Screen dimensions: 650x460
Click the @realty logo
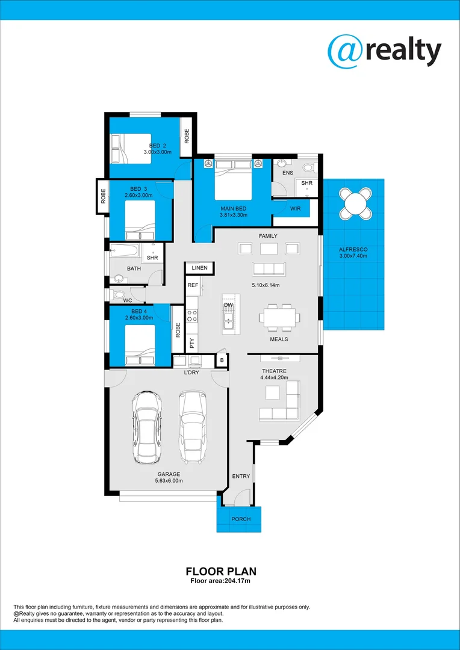[384, 51]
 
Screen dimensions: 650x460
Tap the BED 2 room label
[158, 146]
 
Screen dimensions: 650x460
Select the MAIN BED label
[233, 209]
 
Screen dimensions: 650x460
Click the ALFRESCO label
[353, 249]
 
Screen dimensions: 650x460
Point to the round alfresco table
[355, 203]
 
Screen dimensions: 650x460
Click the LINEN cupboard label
[199, 267]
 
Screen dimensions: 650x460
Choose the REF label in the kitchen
[193, 285]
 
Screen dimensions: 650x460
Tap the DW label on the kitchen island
[228, 305]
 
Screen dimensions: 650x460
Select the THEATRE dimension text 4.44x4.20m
[274, 378]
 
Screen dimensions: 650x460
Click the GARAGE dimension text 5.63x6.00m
[169, 481]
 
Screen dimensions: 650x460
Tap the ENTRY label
[241, 477]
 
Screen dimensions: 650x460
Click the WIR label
[295, 209]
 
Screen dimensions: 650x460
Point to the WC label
[128, 300]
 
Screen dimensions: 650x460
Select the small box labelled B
[222, 361]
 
